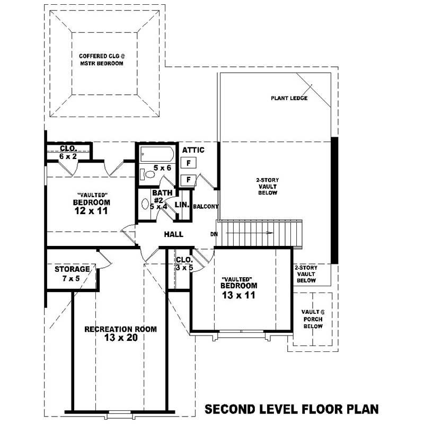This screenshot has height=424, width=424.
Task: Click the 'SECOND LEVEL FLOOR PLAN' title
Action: coord(291,409)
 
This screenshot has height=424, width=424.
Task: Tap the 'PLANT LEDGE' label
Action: coord(289,98)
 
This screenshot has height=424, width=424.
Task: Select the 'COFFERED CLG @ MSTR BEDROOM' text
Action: coord(101,59)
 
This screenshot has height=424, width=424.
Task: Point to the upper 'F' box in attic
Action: coord(189,163)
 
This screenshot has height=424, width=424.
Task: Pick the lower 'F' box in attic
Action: coord(189,180)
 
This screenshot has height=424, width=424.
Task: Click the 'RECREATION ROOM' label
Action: coord(120,329)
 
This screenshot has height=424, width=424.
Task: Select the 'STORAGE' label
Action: coord(72,269)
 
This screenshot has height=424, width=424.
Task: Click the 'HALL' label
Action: coord(173,234)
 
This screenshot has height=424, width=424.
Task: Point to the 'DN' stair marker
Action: coord(214,234)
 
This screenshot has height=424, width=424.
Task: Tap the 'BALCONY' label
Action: coord(206,206)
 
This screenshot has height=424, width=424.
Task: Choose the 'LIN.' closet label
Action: coord(182,204)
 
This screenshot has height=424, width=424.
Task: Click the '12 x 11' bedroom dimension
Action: coord(91,210)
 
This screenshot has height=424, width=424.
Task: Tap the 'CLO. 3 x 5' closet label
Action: coord(184,264)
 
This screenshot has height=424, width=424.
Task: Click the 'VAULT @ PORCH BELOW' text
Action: coord(313,319)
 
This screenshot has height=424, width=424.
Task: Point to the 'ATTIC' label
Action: coord(193,150)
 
